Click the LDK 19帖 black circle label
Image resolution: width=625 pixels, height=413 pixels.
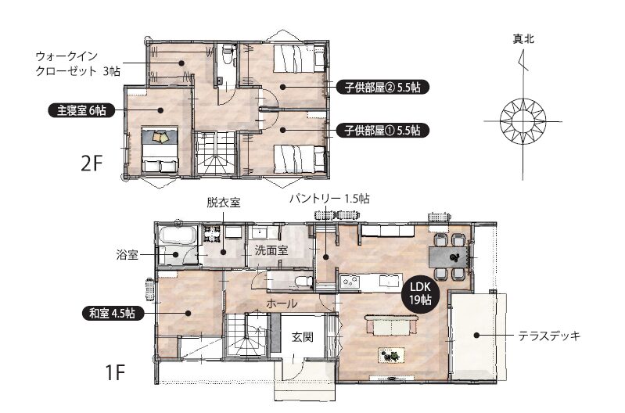[420, 293]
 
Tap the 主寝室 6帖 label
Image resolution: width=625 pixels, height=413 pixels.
[81, 110]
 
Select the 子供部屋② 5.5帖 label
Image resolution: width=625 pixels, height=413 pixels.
[383, 87]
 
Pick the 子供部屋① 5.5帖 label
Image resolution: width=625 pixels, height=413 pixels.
[383, 131]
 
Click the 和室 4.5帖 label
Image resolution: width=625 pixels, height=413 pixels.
[112, 313]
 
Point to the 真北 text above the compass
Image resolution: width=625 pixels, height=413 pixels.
[523, 39]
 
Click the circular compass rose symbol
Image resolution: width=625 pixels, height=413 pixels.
[523, 121]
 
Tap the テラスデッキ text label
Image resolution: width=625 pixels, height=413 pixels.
[549, 336]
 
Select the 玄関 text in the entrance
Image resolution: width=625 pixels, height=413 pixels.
[303, 337]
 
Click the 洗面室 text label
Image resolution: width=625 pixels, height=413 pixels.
[271, 250]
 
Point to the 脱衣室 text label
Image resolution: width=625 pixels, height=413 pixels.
[223, 203]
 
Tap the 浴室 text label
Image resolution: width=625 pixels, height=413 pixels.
[127, 255]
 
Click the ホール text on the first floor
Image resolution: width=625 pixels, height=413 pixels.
[282, 303]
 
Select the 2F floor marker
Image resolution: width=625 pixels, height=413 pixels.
[92, 163]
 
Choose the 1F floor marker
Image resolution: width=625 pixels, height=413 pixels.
[115, 372]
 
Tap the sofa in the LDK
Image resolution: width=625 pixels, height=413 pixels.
[391, 325]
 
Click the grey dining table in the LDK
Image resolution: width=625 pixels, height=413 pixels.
[448, 257]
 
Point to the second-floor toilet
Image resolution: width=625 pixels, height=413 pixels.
[228, 53]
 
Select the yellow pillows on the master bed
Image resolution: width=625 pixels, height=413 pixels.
[160, 136]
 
